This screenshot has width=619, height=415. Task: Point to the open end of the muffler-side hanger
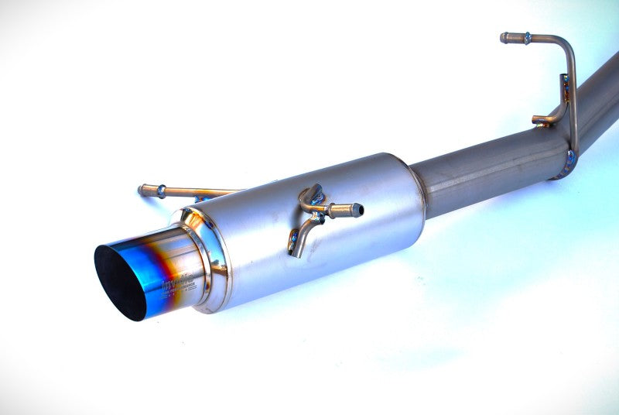(x=358, y=208)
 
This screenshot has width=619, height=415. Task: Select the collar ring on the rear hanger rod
(x=160, y=190)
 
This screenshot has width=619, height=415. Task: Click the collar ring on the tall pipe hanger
(x=526, y=37)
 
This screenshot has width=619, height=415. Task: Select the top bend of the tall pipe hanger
(x=568, y=46)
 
